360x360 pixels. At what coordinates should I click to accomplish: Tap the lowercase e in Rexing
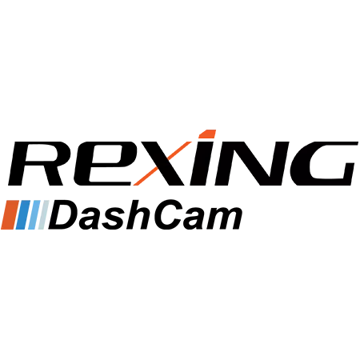tap(102, 163)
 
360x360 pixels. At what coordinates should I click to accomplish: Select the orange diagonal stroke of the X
tap(162, 163)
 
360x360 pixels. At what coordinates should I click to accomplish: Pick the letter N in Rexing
tap(250, 163)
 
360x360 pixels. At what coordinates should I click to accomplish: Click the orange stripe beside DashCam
tap(10, 214)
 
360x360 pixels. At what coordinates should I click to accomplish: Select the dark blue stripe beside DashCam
tap(23, 214)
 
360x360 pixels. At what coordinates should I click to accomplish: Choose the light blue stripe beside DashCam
tap(34, 214)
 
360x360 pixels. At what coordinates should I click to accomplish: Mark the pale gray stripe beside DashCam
tap(43, 214)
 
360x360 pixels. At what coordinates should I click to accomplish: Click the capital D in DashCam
tap(63, 215)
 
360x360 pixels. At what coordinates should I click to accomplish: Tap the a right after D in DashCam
tap(91, 219)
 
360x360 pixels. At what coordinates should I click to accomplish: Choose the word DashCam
tap(146, 215)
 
